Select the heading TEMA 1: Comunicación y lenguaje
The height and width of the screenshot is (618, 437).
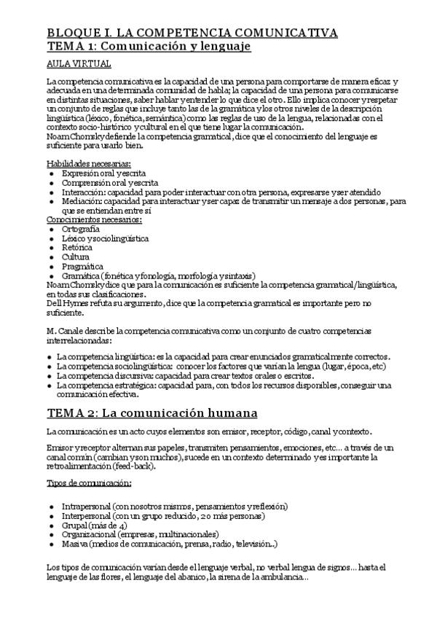149,46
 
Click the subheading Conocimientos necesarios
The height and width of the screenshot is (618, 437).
94,219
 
